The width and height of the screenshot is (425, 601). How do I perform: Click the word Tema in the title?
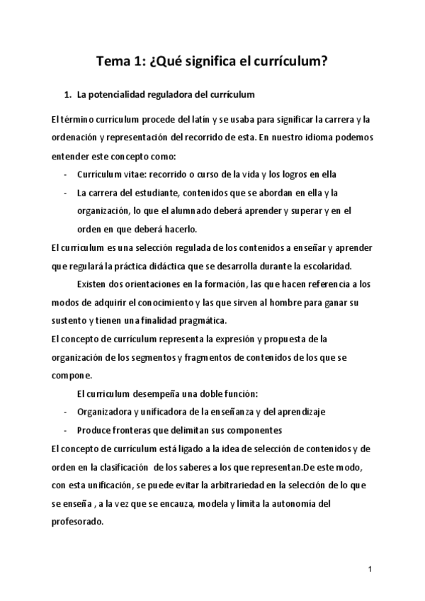(x=113, y=62)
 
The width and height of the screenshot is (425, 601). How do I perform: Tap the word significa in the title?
(x=203, y=62)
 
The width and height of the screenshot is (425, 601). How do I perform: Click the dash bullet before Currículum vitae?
(x=66, y=174)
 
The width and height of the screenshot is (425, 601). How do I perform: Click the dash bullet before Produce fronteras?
(x=66, y=430)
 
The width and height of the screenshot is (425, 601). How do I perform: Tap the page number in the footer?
(x=370, y=569)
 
